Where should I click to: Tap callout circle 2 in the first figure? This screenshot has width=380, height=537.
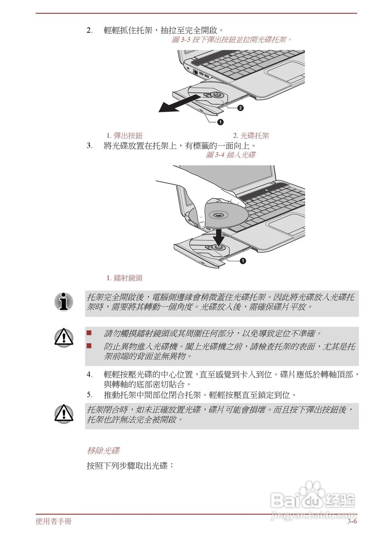click(x=240, y=108)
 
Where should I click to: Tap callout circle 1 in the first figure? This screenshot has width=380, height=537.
click(x=220, y=122)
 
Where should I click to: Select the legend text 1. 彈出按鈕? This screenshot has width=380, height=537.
click(x=124, y=136)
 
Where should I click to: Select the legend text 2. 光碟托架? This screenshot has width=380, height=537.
click(x=251, y=136)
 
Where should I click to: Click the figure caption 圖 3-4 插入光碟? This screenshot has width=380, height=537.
click(x=230, y=155)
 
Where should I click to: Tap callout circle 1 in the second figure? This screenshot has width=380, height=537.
click(x=243, y=261)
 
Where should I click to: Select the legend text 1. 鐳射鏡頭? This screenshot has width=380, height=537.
click(x=124, y=278)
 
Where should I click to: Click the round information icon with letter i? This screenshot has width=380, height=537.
click(x=64, y=302)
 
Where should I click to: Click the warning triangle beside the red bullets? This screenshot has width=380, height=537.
click(x=64, y=338)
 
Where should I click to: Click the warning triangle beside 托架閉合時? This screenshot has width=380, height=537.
click(x=64, y=414)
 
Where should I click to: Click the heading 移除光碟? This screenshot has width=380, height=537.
click(x=103, y=451)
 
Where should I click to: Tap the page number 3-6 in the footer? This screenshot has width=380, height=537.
click(x=352, y=522)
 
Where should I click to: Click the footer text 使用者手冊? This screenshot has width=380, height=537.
click(x=54, y=522)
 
